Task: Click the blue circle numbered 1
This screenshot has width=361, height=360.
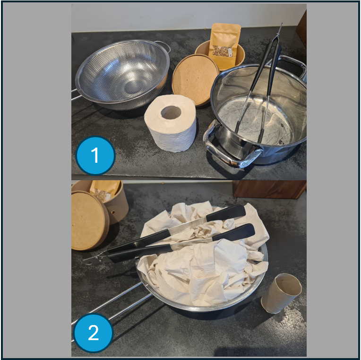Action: [x=95, y=155]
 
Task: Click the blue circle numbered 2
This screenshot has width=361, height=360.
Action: [x=93, y=333]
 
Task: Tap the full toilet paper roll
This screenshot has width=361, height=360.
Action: [x=171, y=123]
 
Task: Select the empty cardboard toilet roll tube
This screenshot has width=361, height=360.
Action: [x=281, y=293]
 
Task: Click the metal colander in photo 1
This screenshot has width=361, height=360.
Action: [x=122, y=75]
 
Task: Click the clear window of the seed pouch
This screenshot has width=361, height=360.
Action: [x=223, y=51]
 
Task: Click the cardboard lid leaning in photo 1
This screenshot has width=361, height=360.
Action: [x=195, y=79]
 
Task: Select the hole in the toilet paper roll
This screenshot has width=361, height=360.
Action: [x=171, y=112]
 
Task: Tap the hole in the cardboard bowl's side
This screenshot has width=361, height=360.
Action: [x=113, y=212]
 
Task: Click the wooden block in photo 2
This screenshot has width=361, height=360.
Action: [x=269, y=189]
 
